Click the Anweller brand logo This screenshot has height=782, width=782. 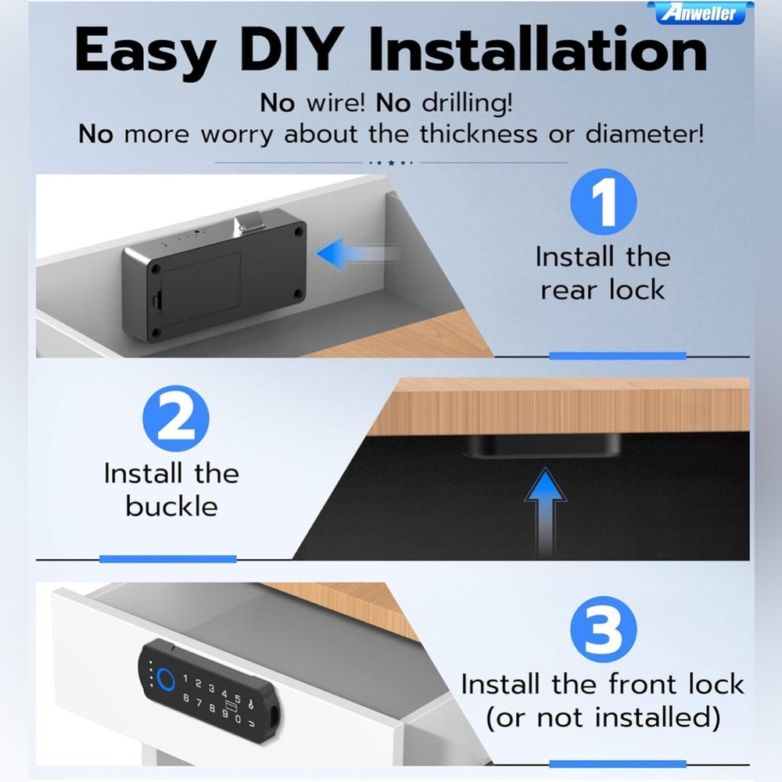700,13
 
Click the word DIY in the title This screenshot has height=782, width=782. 292,50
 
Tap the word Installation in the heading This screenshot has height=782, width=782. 538,49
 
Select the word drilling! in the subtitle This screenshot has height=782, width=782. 468,102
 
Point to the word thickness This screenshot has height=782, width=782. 479,134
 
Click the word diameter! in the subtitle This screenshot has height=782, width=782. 644,134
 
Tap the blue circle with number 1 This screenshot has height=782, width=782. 604,202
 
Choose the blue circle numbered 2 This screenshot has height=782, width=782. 175,418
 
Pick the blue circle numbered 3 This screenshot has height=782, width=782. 604,630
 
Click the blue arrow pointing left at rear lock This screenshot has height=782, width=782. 355,254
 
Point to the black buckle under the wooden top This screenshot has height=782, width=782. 542,445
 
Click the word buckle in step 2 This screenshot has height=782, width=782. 171,506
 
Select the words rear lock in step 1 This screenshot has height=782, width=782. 603,290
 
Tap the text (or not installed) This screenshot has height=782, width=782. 603,717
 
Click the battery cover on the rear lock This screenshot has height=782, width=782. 199,289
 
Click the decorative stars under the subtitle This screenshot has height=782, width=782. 391,163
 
